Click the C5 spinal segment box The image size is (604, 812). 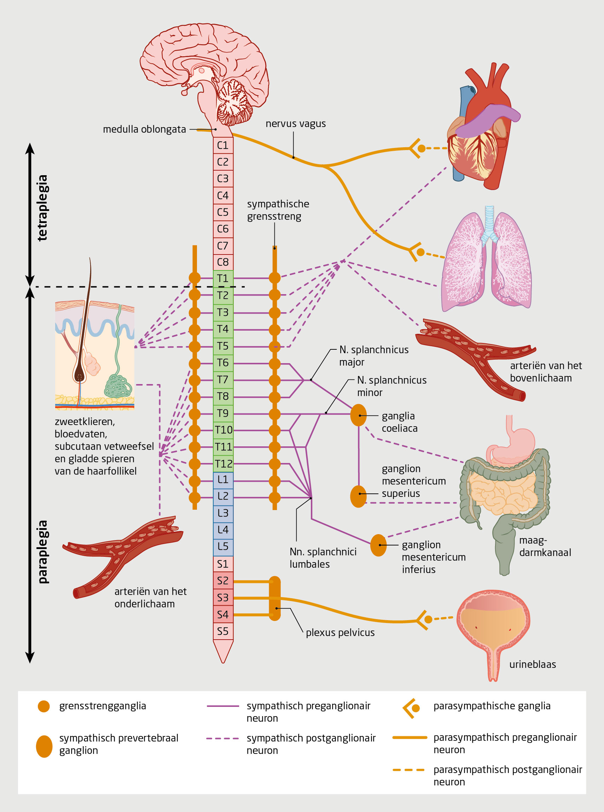tap(223, 212)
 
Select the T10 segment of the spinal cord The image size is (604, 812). tap(223, 430)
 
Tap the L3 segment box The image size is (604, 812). tap(223, 513)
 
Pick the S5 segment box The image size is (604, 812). tap(223, 631)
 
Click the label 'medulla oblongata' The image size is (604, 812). tap(144, 129)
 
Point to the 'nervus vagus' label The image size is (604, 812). tap(295, 124)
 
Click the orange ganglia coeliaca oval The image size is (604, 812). tap(358, 415)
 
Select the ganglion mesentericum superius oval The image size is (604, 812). tap(358, 496)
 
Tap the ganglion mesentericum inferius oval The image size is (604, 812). tap(378, 545)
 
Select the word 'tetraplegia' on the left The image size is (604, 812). tap(42, 207)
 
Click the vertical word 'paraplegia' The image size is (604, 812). tap(42, 551)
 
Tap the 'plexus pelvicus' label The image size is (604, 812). tap(340, 633)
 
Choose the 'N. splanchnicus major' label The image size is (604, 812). tap(374, 356)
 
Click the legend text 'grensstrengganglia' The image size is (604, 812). tap(102, 706)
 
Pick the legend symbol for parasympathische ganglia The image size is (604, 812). tap(411, 708)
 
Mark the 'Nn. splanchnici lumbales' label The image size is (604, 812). tap(323, 558)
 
